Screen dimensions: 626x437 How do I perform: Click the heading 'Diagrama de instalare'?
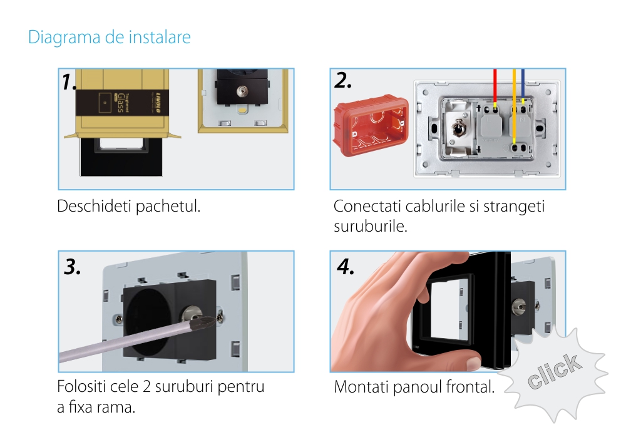(x=110, y=37)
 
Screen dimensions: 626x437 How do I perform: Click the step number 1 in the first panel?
(x=69, y=82)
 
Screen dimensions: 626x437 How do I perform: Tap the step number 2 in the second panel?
(x=343, y=80)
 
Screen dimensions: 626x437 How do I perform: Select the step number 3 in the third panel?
(x=72, y=267)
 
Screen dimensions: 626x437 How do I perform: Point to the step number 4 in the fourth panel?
(x=346, y=267)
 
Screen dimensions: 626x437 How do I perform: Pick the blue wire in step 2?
(x=523, y=88)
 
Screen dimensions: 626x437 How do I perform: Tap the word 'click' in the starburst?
(x=555, y=371)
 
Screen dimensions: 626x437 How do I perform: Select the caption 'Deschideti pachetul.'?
(x=128, y=206)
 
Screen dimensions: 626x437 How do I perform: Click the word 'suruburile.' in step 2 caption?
(x=371, y=227)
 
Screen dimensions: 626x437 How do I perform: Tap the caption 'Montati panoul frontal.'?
(x=414, y=387)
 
